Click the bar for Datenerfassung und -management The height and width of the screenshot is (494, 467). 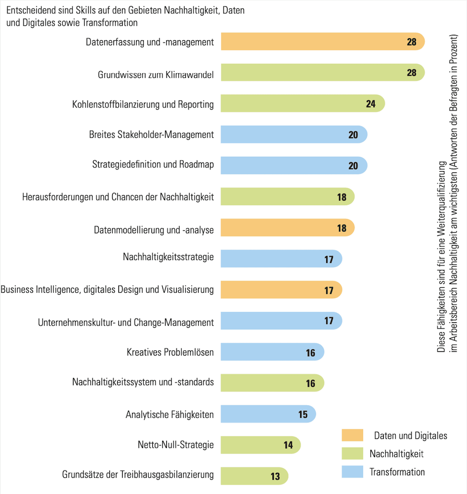tap(321, 42)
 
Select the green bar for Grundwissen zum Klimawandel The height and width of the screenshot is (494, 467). tap(321, 73)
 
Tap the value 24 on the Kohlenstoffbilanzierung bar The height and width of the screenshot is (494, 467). tap(371, 104)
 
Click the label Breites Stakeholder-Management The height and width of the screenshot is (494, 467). tap(151, 134)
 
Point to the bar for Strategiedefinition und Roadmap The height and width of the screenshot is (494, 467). tap(294, 165)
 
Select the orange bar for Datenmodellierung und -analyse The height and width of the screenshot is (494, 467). tap(287, 228)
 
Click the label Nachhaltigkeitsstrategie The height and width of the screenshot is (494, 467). tap(168, 258)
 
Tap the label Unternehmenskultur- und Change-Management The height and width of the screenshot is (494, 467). tap(126, 322)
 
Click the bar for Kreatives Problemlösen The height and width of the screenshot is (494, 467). tap(272, 352)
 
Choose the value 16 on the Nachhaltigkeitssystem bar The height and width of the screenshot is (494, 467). tap(310, 383)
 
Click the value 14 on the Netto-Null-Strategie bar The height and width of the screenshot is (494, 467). tap(289, 445)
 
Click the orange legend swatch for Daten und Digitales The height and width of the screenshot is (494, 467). tap(352, 435)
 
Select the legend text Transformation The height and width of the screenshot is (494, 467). tap(397, 472)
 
